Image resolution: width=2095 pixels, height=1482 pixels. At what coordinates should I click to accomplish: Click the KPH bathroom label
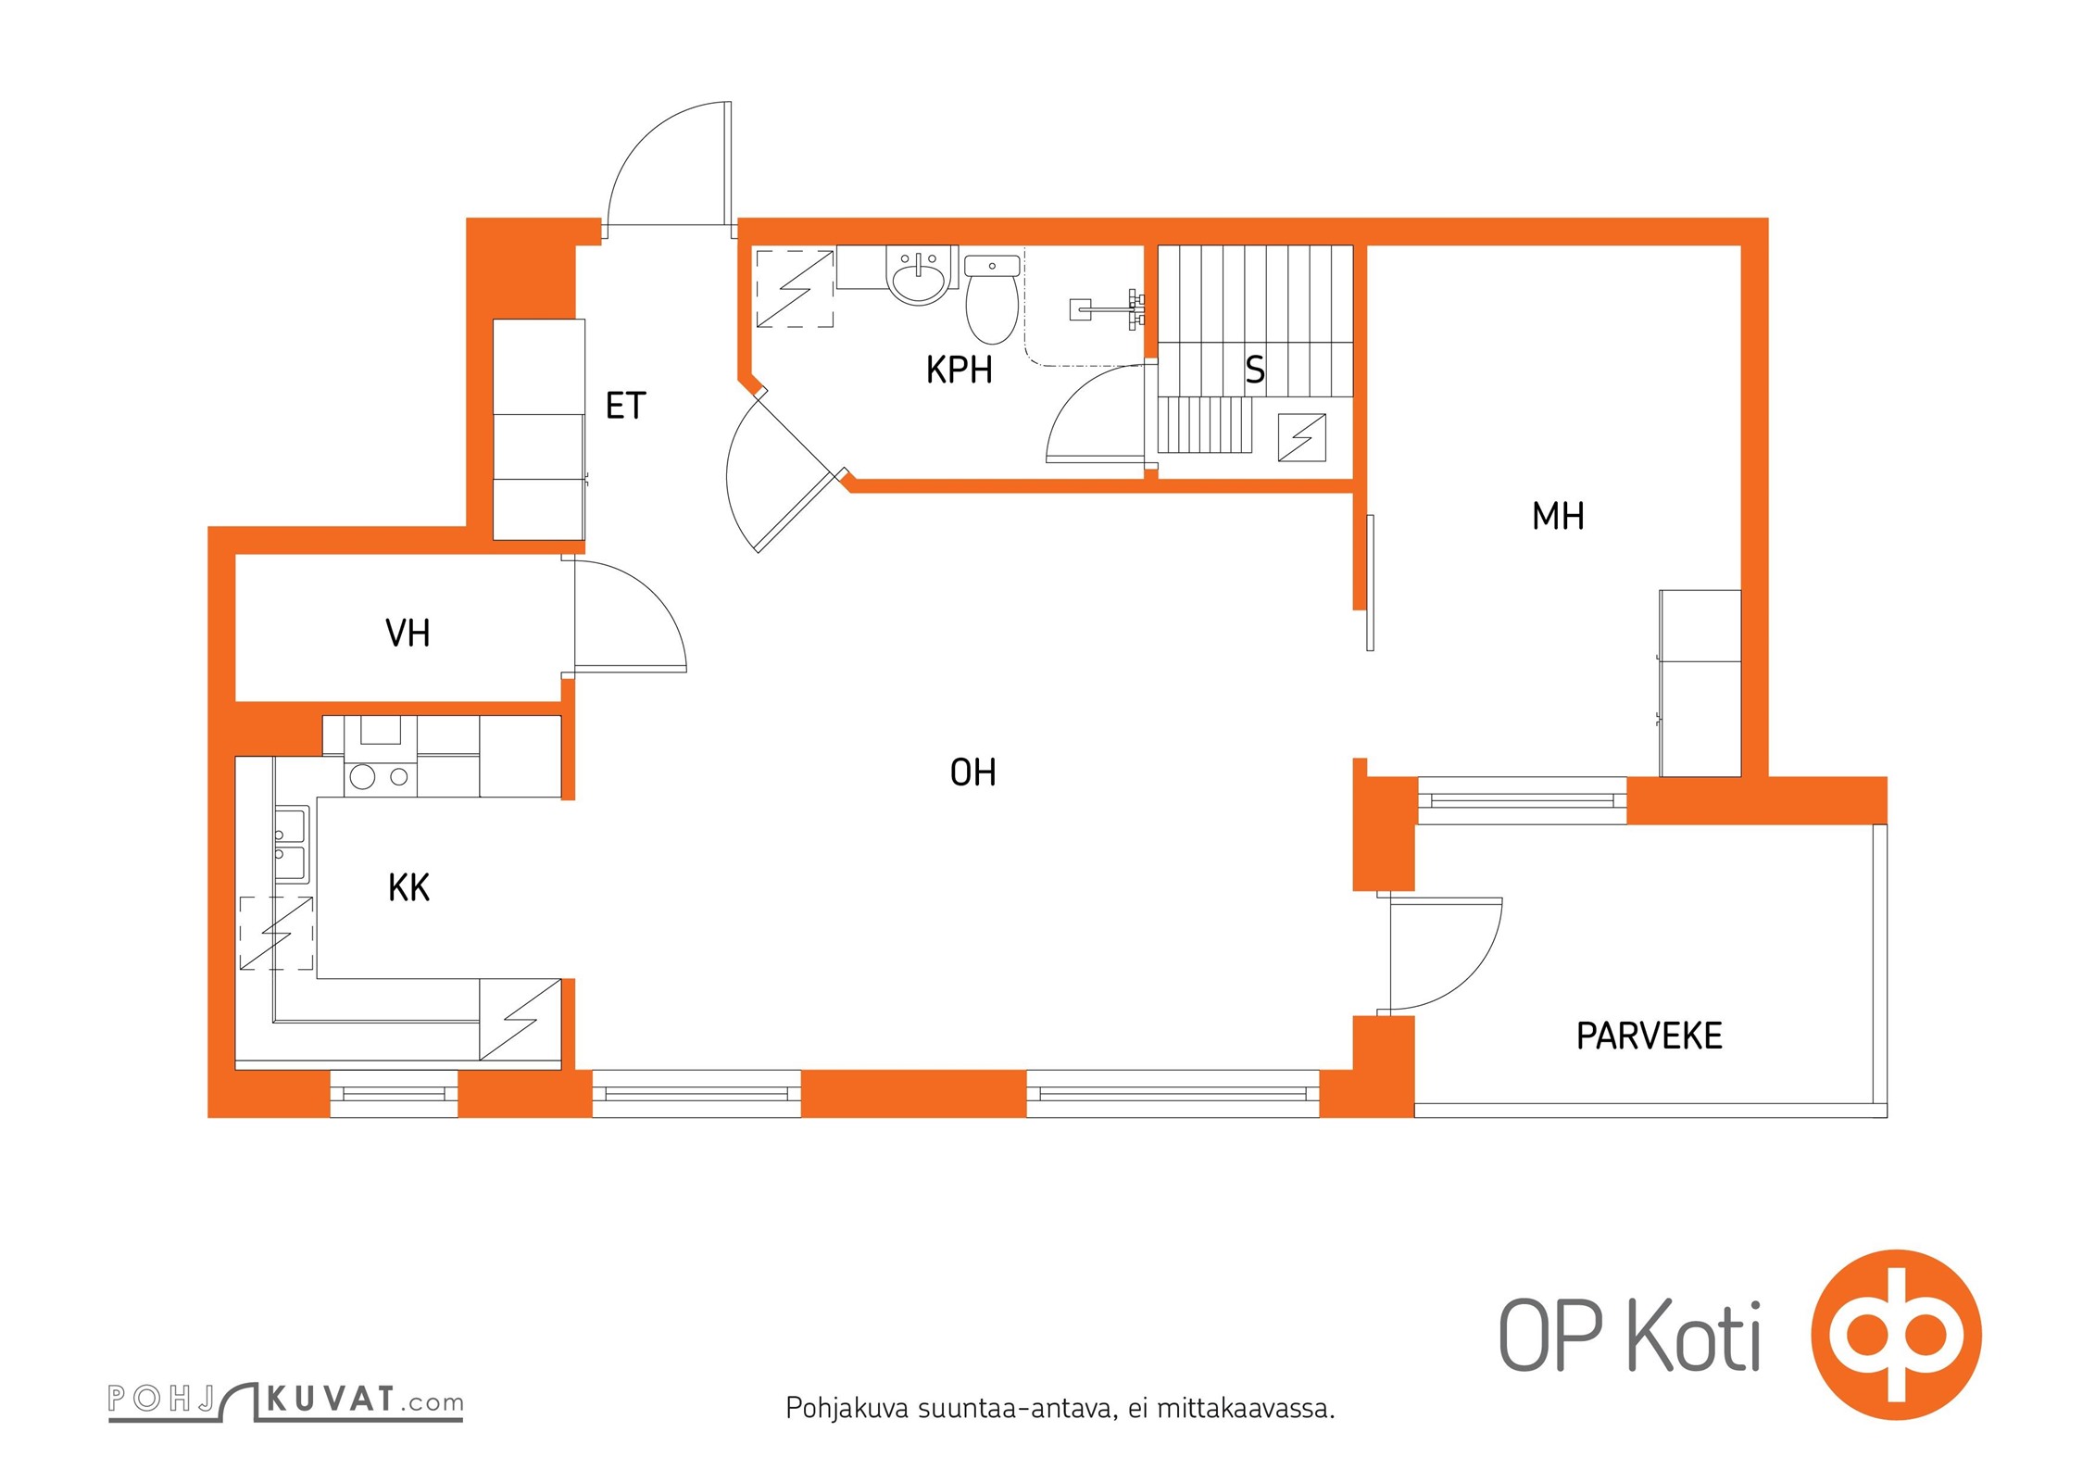click(x=959, y=370)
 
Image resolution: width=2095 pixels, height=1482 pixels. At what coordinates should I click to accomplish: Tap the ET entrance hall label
click(x=625, y=406)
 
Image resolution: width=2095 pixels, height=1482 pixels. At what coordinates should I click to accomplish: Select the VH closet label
click(x=408, y=634)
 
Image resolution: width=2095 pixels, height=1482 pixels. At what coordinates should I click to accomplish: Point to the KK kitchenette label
click(x=408, y=887)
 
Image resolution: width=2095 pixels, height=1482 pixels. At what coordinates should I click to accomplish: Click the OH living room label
click(x=972, y=772)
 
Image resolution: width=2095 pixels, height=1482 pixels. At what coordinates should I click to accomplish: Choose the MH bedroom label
click(x=1558, y=516)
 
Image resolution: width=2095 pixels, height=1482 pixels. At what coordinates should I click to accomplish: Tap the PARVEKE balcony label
click(x=1649, y=1036)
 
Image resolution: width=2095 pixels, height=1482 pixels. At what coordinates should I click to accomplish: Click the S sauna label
click(x=1255, y=370)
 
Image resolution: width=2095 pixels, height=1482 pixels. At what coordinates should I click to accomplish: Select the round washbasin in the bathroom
click(x=918, y=274)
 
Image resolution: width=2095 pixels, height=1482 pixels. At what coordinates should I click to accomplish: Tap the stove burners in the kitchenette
click(x=381, y=776)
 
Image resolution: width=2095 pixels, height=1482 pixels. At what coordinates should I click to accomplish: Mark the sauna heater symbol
click(x=1301, y=437)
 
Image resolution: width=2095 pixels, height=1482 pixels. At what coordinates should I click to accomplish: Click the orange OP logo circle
click(x=1896, y=1335)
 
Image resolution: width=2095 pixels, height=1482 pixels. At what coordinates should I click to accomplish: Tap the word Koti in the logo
click(x=1694, y=1336)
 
